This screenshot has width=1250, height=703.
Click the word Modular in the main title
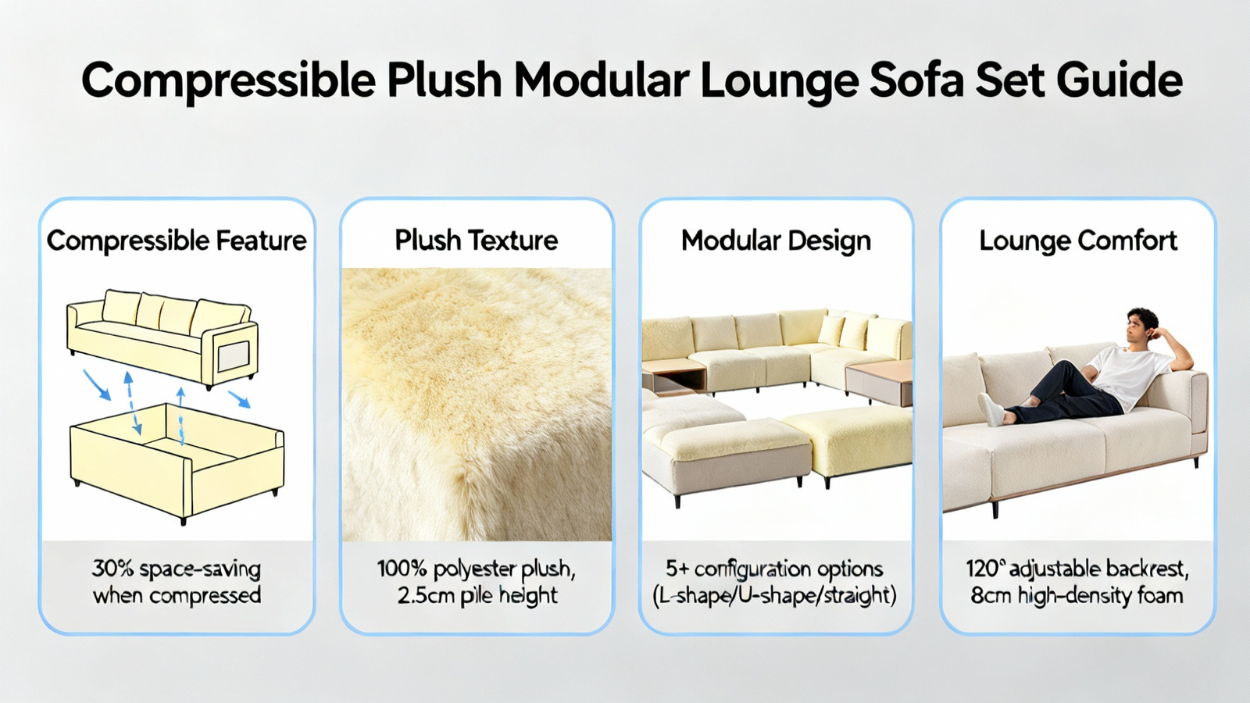tap(601, 80)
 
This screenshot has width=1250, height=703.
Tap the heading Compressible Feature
tap(177, 241)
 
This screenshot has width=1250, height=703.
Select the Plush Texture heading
tap(476, 241)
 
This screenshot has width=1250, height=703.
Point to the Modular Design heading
tap(776, 241)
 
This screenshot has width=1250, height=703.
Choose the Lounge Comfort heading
tap(1078, 241)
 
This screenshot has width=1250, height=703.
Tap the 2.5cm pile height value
tap(477, 596)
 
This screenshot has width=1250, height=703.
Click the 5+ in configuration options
tap(677, 569)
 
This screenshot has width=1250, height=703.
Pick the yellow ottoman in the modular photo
tap(848, 441)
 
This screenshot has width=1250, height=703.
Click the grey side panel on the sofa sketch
tap(234, 356)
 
